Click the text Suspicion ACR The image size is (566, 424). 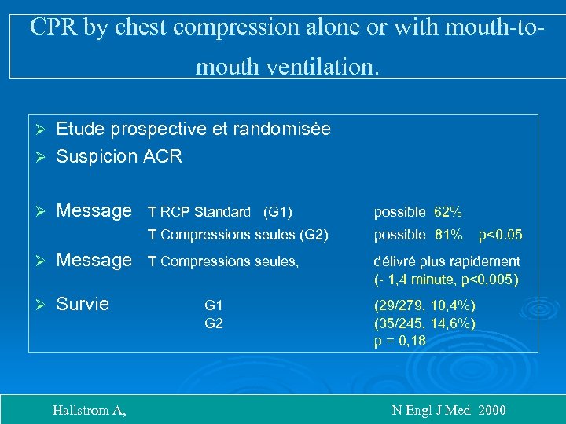click(119, 156)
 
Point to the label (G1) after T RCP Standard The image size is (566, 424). click(278, 212)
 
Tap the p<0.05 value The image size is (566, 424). click(501, 234)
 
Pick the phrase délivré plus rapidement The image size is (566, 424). click(447, 261)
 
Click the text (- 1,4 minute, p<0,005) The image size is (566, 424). click(447, 279)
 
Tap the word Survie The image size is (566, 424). click(83, 304)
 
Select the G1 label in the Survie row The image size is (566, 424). click(214, 305)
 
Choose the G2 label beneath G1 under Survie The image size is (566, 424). click(214, 323)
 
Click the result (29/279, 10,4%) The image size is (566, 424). click(425, 305)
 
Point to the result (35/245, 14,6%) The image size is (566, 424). click(425, 323)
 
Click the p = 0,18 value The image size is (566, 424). click(400, 340)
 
